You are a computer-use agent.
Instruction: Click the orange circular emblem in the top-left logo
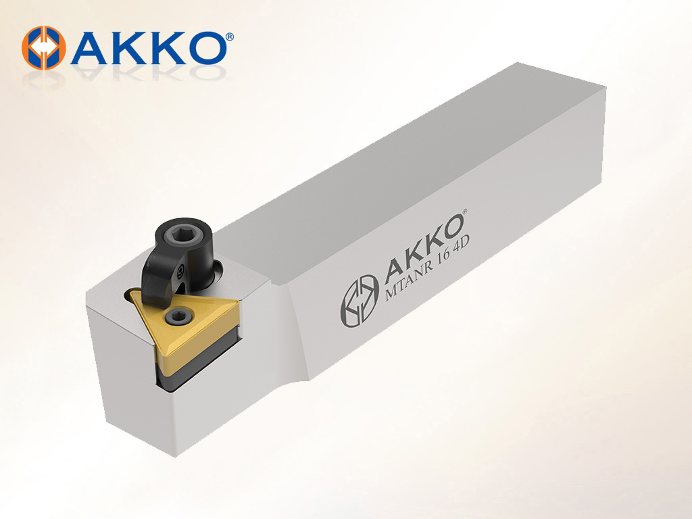coord(44,48)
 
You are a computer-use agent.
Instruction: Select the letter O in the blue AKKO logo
coord(203,48)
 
